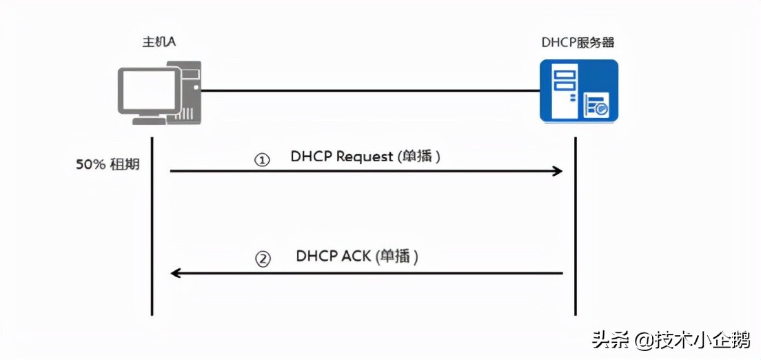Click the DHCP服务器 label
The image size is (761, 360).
[x=578, y=43]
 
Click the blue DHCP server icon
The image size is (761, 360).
[x=578, y=90]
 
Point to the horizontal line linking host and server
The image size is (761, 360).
[x=369, y=90]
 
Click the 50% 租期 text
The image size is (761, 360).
[x=106, y=166]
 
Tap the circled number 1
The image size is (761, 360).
[x=261, y=159]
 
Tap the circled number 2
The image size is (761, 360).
[x=263, y=259]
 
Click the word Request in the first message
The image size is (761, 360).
[x=364, y=157]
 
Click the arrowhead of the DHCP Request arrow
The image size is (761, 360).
[x=558, y=170]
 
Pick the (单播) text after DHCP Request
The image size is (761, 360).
[x=418, y=157]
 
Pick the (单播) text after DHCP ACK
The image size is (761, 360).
[x=398, y=257]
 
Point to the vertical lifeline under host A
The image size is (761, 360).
[x=152, y=228]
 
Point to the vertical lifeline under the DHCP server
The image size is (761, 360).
[x=575, y=228]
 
